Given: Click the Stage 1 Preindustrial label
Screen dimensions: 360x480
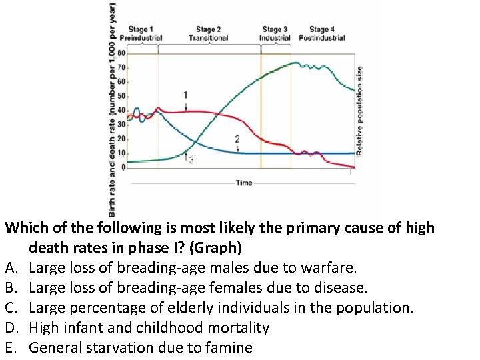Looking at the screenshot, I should [141, 33].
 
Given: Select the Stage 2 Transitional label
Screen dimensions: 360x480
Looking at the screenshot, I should [208, 33].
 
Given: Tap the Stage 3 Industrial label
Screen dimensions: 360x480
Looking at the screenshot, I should [275, 33].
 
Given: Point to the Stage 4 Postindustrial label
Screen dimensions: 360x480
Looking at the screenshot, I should [322, 33].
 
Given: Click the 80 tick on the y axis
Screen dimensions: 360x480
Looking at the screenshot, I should [121, 53].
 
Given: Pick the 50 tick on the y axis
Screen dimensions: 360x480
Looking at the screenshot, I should [121, 96].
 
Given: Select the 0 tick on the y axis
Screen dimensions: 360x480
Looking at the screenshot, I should [123, 167].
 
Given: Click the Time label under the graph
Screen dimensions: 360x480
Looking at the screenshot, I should [244, 183].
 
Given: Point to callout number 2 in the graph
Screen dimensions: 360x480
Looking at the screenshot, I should [237, 139].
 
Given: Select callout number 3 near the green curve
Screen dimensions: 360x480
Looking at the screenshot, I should [191, 161].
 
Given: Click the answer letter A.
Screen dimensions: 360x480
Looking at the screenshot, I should [10, 269].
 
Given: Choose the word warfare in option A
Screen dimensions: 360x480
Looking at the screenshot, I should [329, 269].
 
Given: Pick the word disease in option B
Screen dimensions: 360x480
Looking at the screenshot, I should [340, 288].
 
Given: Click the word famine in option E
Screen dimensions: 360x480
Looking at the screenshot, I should [229, 347].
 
